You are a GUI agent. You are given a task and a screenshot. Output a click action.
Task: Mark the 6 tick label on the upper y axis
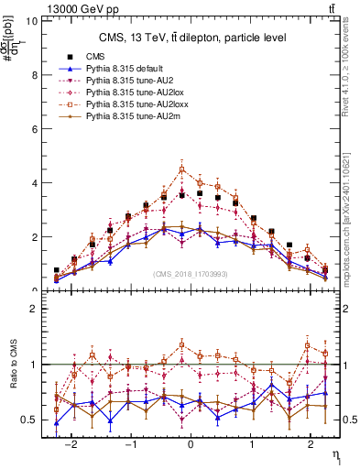(33, 128)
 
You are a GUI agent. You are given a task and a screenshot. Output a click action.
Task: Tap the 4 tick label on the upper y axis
(33, 182)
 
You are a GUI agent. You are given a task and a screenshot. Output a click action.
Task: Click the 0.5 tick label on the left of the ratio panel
(28, 420)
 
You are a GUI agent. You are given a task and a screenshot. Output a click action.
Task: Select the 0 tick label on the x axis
(190, 441)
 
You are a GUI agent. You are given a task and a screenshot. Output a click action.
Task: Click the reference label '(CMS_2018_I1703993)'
(191, 274)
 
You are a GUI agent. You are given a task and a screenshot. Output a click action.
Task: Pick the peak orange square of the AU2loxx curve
(182, 169)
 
